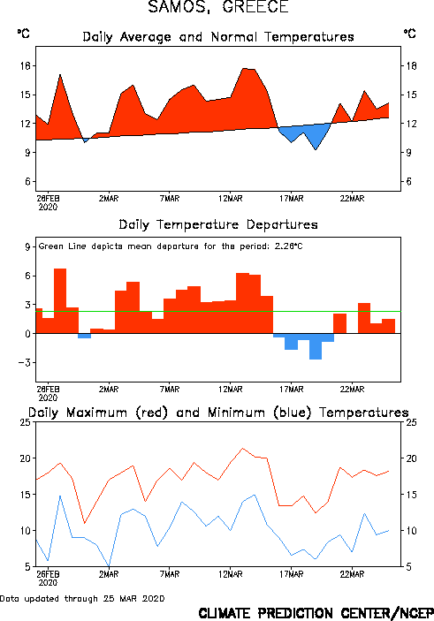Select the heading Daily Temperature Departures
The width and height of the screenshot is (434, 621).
click(x=218, y=224)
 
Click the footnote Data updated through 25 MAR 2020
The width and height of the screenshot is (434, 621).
click(x=82, y=598)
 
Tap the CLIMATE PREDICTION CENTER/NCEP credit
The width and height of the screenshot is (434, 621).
click(x=316, y=613)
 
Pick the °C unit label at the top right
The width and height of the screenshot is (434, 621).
click(x=410, y=34)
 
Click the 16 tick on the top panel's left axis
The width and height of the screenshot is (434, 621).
click(x=25, y=65)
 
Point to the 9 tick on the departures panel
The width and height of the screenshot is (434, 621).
click(x=27, y=246)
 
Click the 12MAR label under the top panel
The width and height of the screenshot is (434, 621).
click(x=231, y=199)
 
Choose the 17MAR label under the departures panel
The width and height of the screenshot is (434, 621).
click(x=292, y=390)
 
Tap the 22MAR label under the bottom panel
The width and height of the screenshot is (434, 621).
click(x=352, y=574)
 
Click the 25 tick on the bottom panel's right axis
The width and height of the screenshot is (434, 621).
click(x=411, y=422)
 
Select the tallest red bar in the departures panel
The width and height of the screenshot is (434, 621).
click(x=60, y=301)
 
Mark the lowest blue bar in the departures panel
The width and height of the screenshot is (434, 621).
click(x=316, y=346)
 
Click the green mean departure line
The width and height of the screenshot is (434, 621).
click(x=218, y=311)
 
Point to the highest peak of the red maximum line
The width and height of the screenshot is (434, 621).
click(x=242, y=449)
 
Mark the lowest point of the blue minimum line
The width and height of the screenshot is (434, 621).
click(x=109, y=565)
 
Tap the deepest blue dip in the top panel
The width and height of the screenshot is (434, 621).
click(x=316, y=149)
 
